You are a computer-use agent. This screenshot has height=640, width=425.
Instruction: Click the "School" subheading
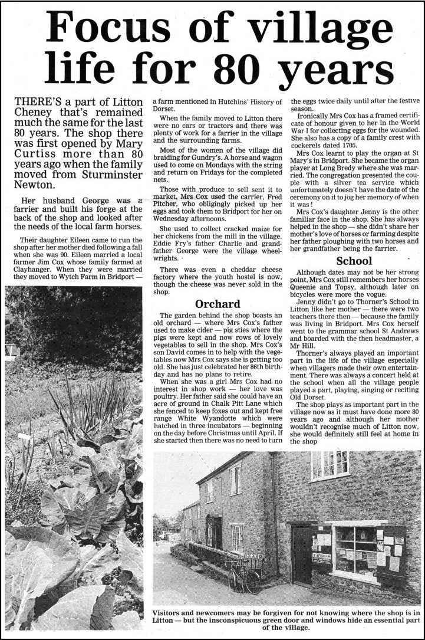point(354,260)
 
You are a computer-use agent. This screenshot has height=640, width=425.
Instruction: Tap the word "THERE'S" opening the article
point(38,103)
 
